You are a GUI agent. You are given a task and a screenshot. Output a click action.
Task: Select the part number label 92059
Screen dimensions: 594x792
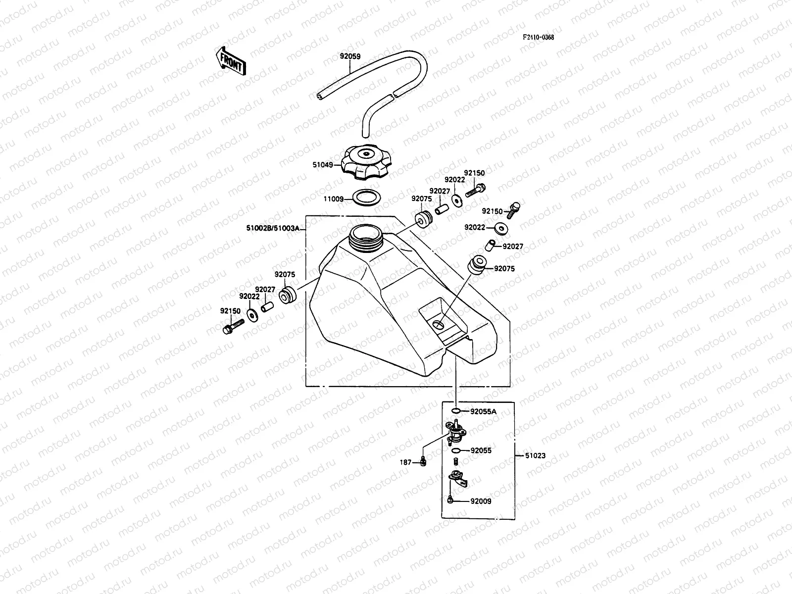[x=349, y=56]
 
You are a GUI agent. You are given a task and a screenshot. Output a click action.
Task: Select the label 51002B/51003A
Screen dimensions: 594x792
[x=273, y=228]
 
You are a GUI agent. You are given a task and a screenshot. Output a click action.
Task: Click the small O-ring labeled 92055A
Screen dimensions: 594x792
[x=457, y=411]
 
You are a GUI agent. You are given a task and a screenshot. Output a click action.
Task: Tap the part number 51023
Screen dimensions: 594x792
[x=535, y=455]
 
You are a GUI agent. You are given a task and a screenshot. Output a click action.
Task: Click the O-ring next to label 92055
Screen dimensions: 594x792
[x=456, y=450]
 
